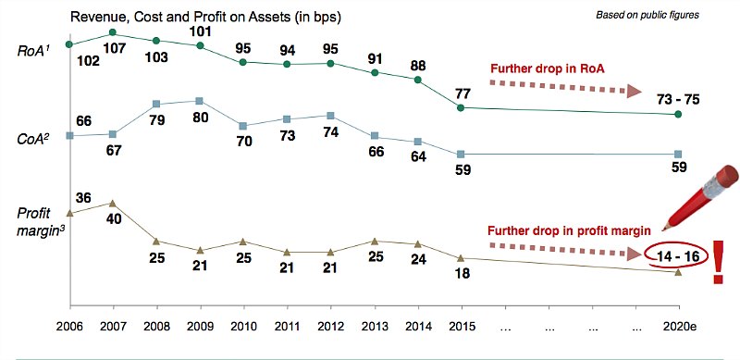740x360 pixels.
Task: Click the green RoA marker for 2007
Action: pos(113,32)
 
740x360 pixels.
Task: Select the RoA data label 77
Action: pos(462,93)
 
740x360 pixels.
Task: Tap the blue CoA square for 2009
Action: pos(199,101)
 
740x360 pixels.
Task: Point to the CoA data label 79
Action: pos(156,120)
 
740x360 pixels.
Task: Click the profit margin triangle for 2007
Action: pos(113,204)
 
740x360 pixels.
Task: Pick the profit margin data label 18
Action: pos(462,273)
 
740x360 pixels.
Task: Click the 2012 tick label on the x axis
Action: pos(330,328)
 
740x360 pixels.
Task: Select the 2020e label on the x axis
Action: pos(679,328)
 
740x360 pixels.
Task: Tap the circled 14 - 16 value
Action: pos(677,256)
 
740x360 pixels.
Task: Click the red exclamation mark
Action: pos(719,263)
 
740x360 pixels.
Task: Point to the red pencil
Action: pos(701,197)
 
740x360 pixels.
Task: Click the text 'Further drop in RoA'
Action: pos(548,69)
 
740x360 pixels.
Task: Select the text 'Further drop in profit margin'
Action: pos(569,231)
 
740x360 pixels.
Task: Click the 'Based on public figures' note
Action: pos(647,15)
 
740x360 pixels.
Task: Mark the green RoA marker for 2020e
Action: pos(678,115)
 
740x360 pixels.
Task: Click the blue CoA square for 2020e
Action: pos(678,154)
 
